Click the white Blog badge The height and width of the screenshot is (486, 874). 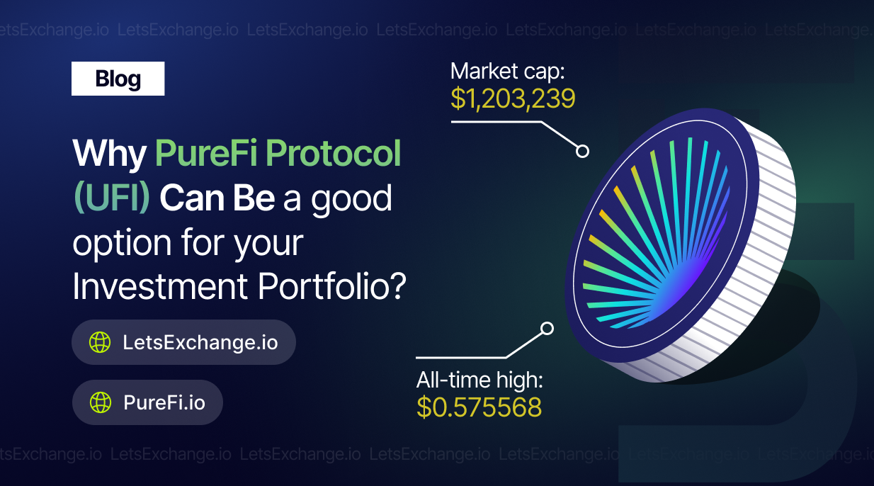point(118,79)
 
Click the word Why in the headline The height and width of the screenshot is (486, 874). point(110,154)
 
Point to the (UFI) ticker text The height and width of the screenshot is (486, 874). point(112,198)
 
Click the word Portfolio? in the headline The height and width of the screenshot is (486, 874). point(331,286)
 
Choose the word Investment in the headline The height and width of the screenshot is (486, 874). point(160,286)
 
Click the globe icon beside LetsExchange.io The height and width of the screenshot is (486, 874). point(100,342)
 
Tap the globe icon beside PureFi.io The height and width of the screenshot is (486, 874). point(101,402)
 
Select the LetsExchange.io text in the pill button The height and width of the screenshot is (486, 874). point(200,342)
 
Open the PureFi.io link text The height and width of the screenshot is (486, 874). point(164,402)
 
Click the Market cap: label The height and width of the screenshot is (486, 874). point(508,72)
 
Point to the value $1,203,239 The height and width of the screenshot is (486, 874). point(513,98)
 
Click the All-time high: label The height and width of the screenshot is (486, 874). point(479,380)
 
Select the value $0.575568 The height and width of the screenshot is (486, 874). point(479,407)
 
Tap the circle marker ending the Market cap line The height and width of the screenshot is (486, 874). point(582,151)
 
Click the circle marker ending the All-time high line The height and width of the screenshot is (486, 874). point(547,328)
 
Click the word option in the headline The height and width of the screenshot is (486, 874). point(122,243)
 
